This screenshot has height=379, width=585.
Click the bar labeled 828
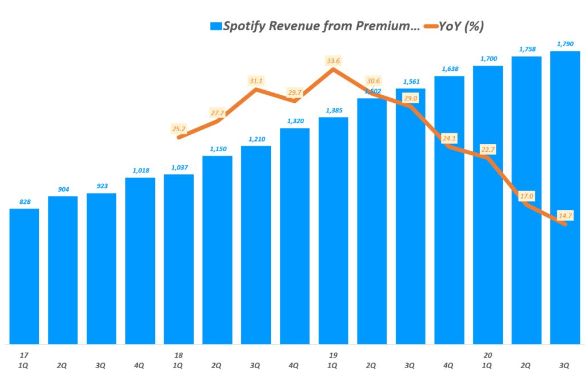[24, 276]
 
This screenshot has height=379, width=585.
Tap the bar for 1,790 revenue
[565, 197]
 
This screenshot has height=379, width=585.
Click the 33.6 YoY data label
[333, 61]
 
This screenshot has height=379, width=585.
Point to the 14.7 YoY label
[564, 215]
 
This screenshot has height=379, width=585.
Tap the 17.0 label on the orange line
[526, 196]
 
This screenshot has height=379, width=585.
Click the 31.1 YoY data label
[255, 81]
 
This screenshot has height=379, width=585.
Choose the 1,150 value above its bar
[217, 149]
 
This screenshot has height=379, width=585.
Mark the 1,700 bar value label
[487, 59]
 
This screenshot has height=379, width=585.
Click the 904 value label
[62, 190]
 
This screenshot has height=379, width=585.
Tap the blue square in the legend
[215, 26]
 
